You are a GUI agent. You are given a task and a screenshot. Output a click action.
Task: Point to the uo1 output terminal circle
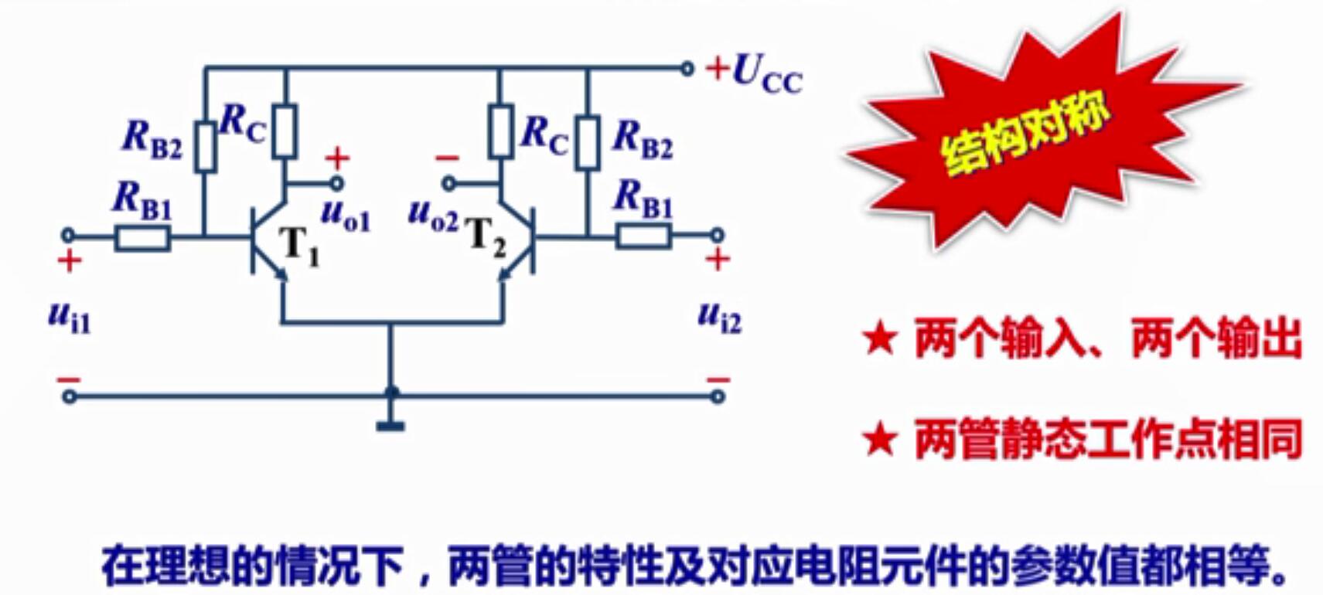click(336, 184)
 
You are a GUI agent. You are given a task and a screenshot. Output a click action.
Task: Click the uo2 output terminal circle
click(448, 184)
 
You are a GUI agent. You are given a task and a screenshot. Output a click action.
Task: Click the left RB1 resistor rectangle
click(143, 238)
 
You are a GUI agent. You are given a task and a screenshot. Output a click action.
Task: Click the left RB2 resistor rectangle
click(205, 146)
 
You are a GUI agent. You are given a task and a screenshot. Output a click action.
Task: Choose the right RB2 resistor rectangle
click(588, 143)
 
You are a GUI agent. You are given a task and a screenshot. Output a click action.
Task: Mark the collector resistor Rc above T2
click(500, 131)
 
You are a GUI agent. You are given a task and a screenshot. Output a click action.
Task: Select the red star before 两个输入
click(880, 339)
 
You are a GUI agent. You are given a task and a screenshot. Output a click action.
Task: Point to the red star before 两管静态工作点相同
click(880, 440)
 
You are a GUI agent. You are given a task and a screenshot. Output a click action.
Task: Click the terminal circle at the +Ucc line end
click(687, 69)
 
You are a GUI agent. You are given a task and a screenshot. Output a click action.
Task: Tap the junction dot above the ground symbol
click(391, 393)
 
